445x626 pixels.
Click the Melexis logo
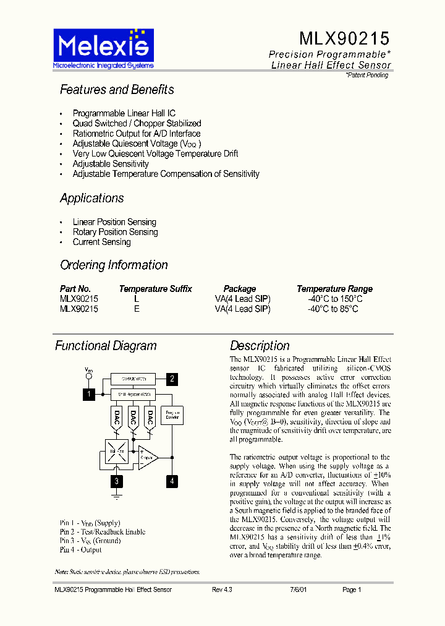tap(103, 48)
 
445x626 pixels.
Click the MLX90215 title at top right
tap(344, 39)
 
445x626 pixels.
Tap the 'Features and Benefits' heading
tap(117, 90)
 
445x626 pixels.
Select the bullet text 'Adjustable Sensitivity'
tap(111, 164)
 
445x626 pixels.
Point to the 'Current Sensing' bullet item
tap(101, 242)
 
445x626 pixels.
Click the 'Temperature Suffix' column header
tap(155, 289)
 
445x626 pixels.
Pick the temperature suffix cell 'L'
tap(137, 299)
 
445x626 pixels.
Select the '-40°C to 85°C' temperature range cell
tap(333, 309)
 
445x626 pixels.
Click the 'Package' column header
tap(240, 289)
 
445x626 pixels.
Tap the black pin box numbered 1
tap(89, 394)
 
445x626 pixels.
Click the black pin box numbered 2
tap(172, 379)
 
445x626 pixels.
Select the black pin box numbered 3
tap(116, 481)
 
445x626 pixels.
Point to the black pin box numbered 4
tap(172, 481)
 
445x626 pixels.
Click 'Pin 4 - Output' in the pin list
tap(81, 549)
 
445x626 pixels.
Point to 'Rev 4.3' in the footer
tap(222, 590)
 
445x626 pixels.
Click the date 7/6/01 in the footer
tap(298, 590)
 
